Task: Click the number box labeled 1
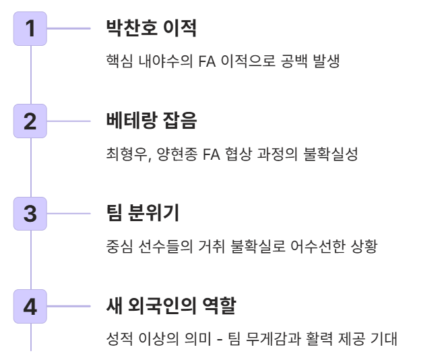[x=30, y=29]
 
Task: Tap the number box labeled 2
[x=30, y=122]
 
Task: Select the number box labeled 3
[x=30, y=216]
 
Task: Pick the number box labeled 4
[x=30, y=309]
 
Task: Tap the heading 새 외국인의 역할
[x=170, y=309]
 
